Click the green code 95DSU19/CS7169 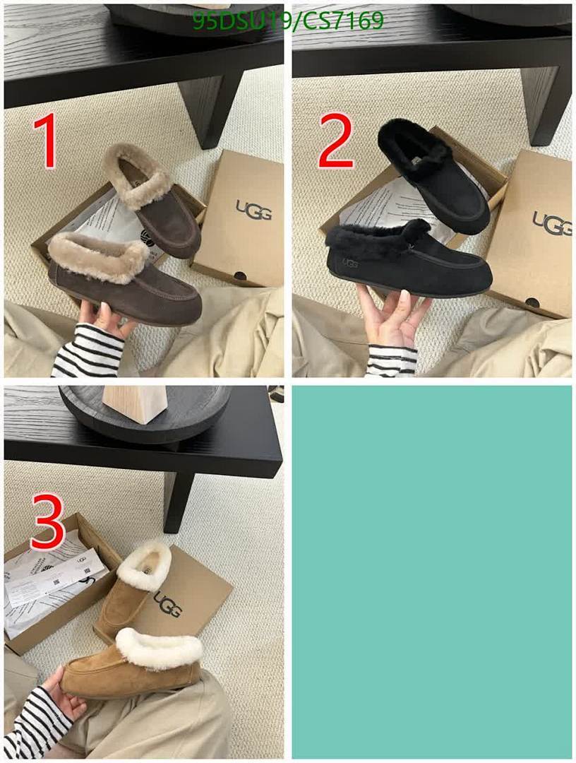point(288,21)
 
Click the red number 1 point(47,143)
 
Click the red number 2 point(335,142)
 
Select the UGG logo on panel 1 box point(253,209)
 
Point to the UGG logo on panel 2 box point(550,223)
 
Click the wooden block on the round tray point(136,403)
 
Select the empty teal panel point(431,571)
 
